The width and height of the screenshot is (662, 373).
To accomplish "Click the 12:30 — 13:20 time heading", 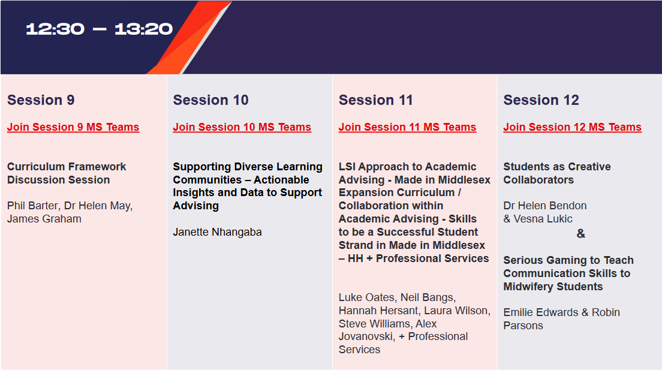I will pos(99,29).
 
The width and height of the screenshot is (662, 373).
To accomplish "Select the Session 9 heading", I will pos(41,100).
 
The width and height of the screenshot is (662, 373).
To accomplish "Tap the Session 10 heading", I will pos(210,100).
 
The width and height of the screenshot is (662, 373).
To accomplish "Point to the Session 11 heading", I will pos(375,100).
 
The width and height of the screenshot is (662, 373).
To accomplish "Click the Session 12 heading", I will pos(541,100).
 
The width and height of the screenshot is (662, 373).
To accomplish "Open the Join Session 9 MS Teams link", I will pos(73,127).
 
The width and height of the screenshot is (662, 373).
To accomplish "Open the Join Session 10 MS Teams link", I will pos(242,127).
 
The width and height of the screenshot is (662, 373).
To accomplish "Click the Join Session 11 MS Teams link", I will pos(407,127).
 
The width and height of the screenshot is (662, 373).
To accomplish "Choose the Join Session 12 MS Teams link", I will pos(572,127).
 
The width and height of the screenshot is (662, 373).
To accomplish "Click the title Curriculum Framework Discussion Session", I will pos(67,173).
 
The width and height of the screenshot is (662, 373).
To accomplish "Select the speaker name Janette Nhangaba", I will pos(217,232).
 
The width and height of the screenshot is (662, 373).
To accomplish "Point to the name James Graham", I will pos(44,219).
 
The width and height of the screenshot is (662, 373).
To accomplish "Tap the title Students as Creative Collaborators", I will pos(557,173).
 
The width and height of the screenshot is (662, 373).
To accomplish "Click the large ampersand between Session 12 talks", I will pos(580,234).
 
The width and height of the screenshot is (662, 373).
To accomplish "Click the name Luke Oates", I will pos(365,297).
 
